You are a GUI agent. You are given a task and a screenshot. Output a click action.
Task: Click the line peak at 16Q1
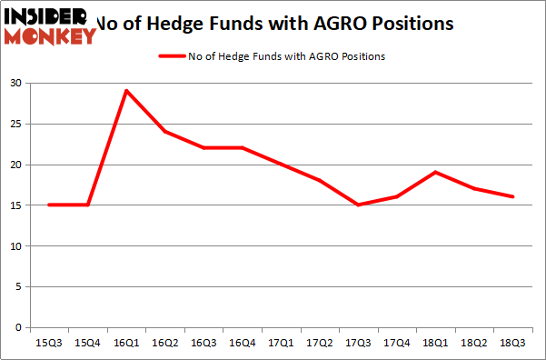[x=126, y=91]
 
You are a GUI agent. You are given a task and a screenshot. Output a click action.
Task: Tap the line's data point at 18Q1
[x=436, y=172]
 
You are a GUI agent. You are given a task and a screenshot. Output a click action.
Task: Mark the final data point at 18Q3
[x=513, y=196]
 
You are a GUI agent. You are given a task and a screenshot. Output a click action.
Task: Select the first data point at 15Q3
[x=49, y=205]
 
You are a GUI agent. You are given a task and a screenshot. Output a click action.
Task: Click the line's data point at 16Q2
[x=165, y=132]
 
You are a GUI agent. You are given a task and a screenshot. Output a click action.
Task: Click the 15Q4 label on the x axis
[x=88, y=344]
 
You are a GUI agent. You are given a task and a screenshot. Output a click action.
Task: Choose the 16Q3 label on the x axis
[x=204, y=344]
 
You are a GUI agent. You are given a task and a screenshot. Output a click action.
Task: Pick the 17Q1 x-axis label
[x=281, y=344]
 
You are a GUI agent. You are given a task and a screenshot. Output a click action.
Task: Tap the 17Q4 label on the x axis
[x=397, y=344]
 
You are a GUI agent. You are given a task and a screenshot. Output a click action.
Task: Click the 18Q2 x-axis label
[x=474, y=344]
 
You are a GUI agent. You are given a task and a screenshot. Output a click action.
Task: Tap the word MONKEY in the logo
[x=51, y=36]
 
